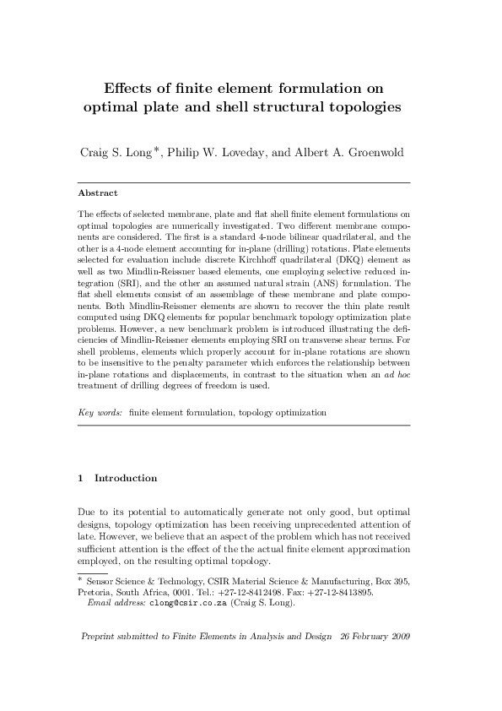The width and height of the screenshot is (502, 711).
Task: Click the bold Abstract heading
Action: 97,193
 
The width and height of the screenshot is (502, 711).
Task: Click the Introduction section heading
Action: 125,478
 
